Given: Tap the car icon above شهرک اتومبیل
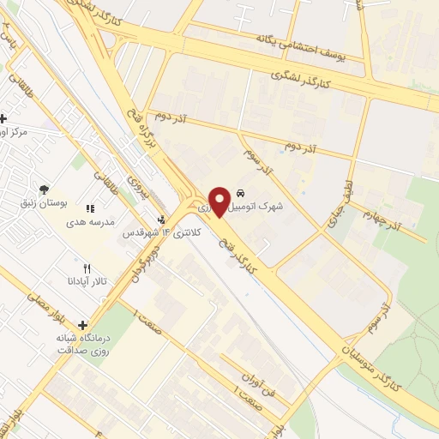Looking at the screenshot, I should point(240,193).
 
